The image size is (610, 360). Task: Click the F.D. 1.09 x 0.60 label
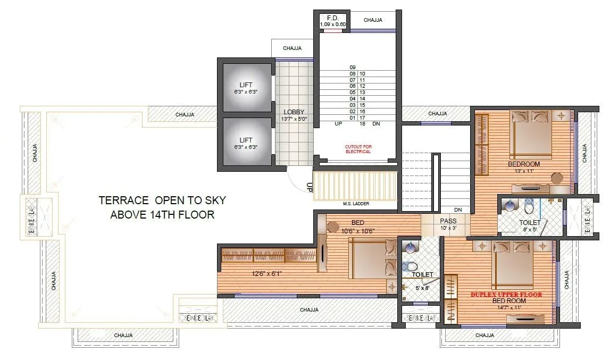pyautogui.click(x=333, y=21)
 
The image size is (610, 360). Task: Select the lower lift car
pyautogui.click(x=246, y=142)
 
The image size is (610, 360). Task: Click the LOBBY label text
pyautogui.click(x=294, y=112)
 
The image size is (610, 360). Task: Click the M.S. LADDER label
pyautogui.click(x=356, y=204)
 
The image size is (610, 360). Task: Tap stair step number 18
pyautogui.click(x=362, y=124)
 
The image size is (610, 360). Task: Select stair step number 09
pyautogui.click(x=352, y=67)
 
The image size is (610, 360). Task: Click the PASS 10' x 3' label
pyautogui.click(x=448, y=224)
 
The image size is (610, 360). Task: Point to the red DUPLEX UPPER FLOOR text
pyautogui.click(x=506, y=294)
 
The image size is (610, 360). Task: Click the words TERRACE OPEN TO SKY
pyautogui.click(x=162, y=200)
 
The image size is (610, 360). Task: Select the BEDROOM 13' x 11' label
pyautogui.click(x=524, y=167)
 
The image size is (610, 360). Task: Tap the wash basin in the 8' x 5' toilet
pyautogui.click(x=510, y=205)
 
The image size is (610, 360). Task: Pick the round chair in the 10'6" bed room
pyautogui.click(x=332, y=228)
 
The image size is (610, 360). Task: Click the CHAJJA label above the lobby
pyautogui.click(x=292, y=48)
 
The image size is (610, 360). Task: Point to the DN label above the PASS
pyautogui.click(x=458, y=210)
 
